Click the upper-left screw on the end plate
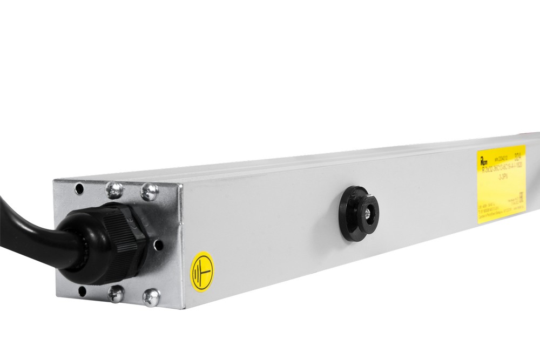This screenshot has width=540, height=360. click(114, 189)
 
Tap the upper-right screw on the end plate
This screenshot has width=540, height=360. click(150, 192)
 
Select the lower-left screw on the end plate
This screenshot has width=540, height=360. click(116, 293)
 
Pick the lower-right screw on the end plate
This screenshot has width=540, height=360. click(151, 297)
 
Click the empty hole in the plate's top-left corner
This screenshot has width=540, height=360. click(79, 188)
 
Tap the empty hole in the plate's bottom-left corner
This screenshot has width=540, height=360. click(82, 291)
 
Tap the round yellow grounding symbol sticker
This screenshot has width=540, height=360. click(202, 271)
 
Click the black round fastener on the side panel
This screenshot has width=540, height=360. click(359, 213)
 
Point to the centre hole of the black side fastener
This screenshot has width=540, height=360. click(368, 214)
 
